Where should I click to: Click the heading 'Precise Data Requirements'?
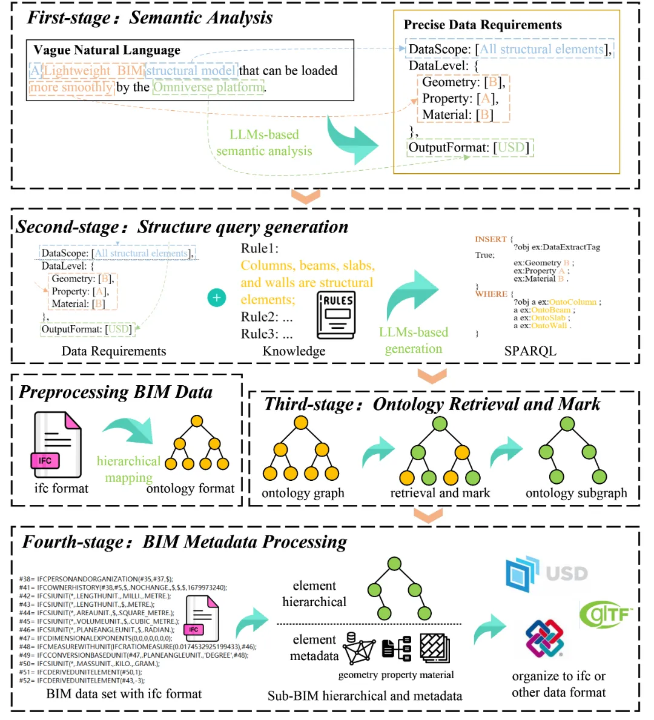coord(483,25)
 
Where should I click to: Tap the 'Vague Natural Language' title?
coord(107,50)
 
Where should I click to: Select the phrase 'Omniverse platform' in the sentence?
coord(209,87)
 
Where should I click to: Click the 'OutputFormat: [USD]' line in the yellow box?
coord(469,148)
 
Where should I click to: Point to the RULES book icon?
coord(337,315)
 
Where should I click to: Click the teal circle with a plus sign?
coord(217,297)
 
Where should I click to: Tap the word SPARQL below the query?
coord(530,351)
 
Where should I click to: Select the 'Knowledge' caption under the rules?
coord(294,351)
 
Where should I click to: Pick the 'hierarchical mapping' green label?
coord(129,469)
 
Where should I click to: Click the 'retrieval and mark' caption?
coord(440,493)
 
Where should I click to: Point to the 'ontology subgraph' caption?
coord(576,493)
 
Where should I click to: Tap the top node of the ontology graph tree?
coord(301,423)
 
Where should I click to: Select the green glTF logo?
coord(606,615)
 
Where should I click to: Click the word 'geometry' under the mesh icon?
coord(358,675)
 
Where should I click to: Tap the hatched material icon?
coord(435,648)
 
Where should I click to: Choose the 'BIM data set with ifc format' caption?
coord(124,694)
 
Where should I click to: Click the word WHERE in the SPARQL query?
coord(491,294)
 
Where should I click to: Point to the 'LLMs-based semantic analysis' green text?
coord(264,143)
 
